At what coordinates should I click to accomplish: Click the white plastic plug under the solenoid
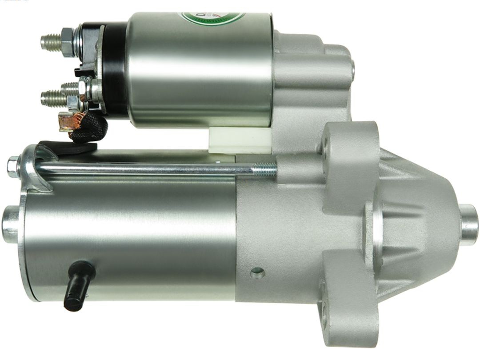[240, 140]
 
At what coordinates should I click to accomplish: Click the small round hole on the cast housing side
[257, 273]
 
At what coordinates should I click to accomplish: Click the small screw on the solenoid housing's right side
[352, 69]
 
